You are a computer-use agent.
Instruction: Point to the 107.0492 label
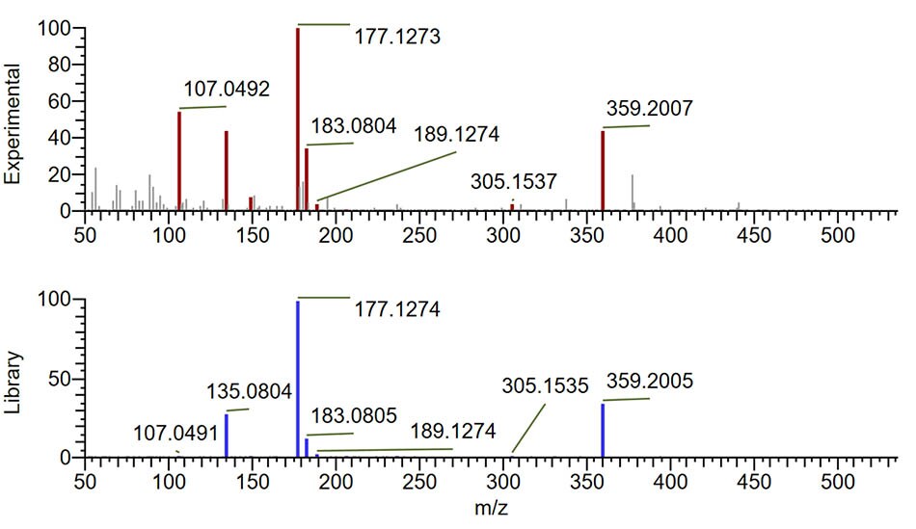tap(227, 90)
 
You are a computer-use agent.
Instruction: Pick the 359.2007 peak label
tap(650, 108)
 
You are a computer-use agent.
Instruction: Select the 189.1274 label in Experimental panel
tap(456, 134)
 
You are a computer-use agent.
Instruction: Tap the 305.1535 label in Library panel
tap(545, 386)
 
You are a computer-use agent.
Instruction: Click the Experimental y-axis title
tap(14, 124)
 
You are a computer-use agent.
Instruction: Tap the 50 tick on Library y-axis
tap(60, 379)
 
